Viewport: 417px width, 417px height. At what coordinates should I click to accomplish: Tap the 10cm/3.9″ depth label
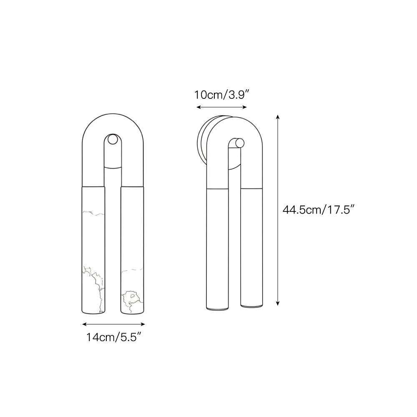pyautogui.click(x=221, y=95)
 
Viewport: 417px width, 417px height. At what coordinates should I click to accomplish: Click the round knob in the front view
pyautogui.click(x=112, y=139)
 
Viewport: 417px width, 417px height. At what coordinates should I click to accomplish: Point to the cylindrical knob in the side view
pyautogui.click(x=239, y=143)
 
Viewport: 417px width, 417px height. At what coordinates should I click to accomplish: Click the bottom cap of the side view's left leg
pyautogui.click(x=218, y=308)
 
